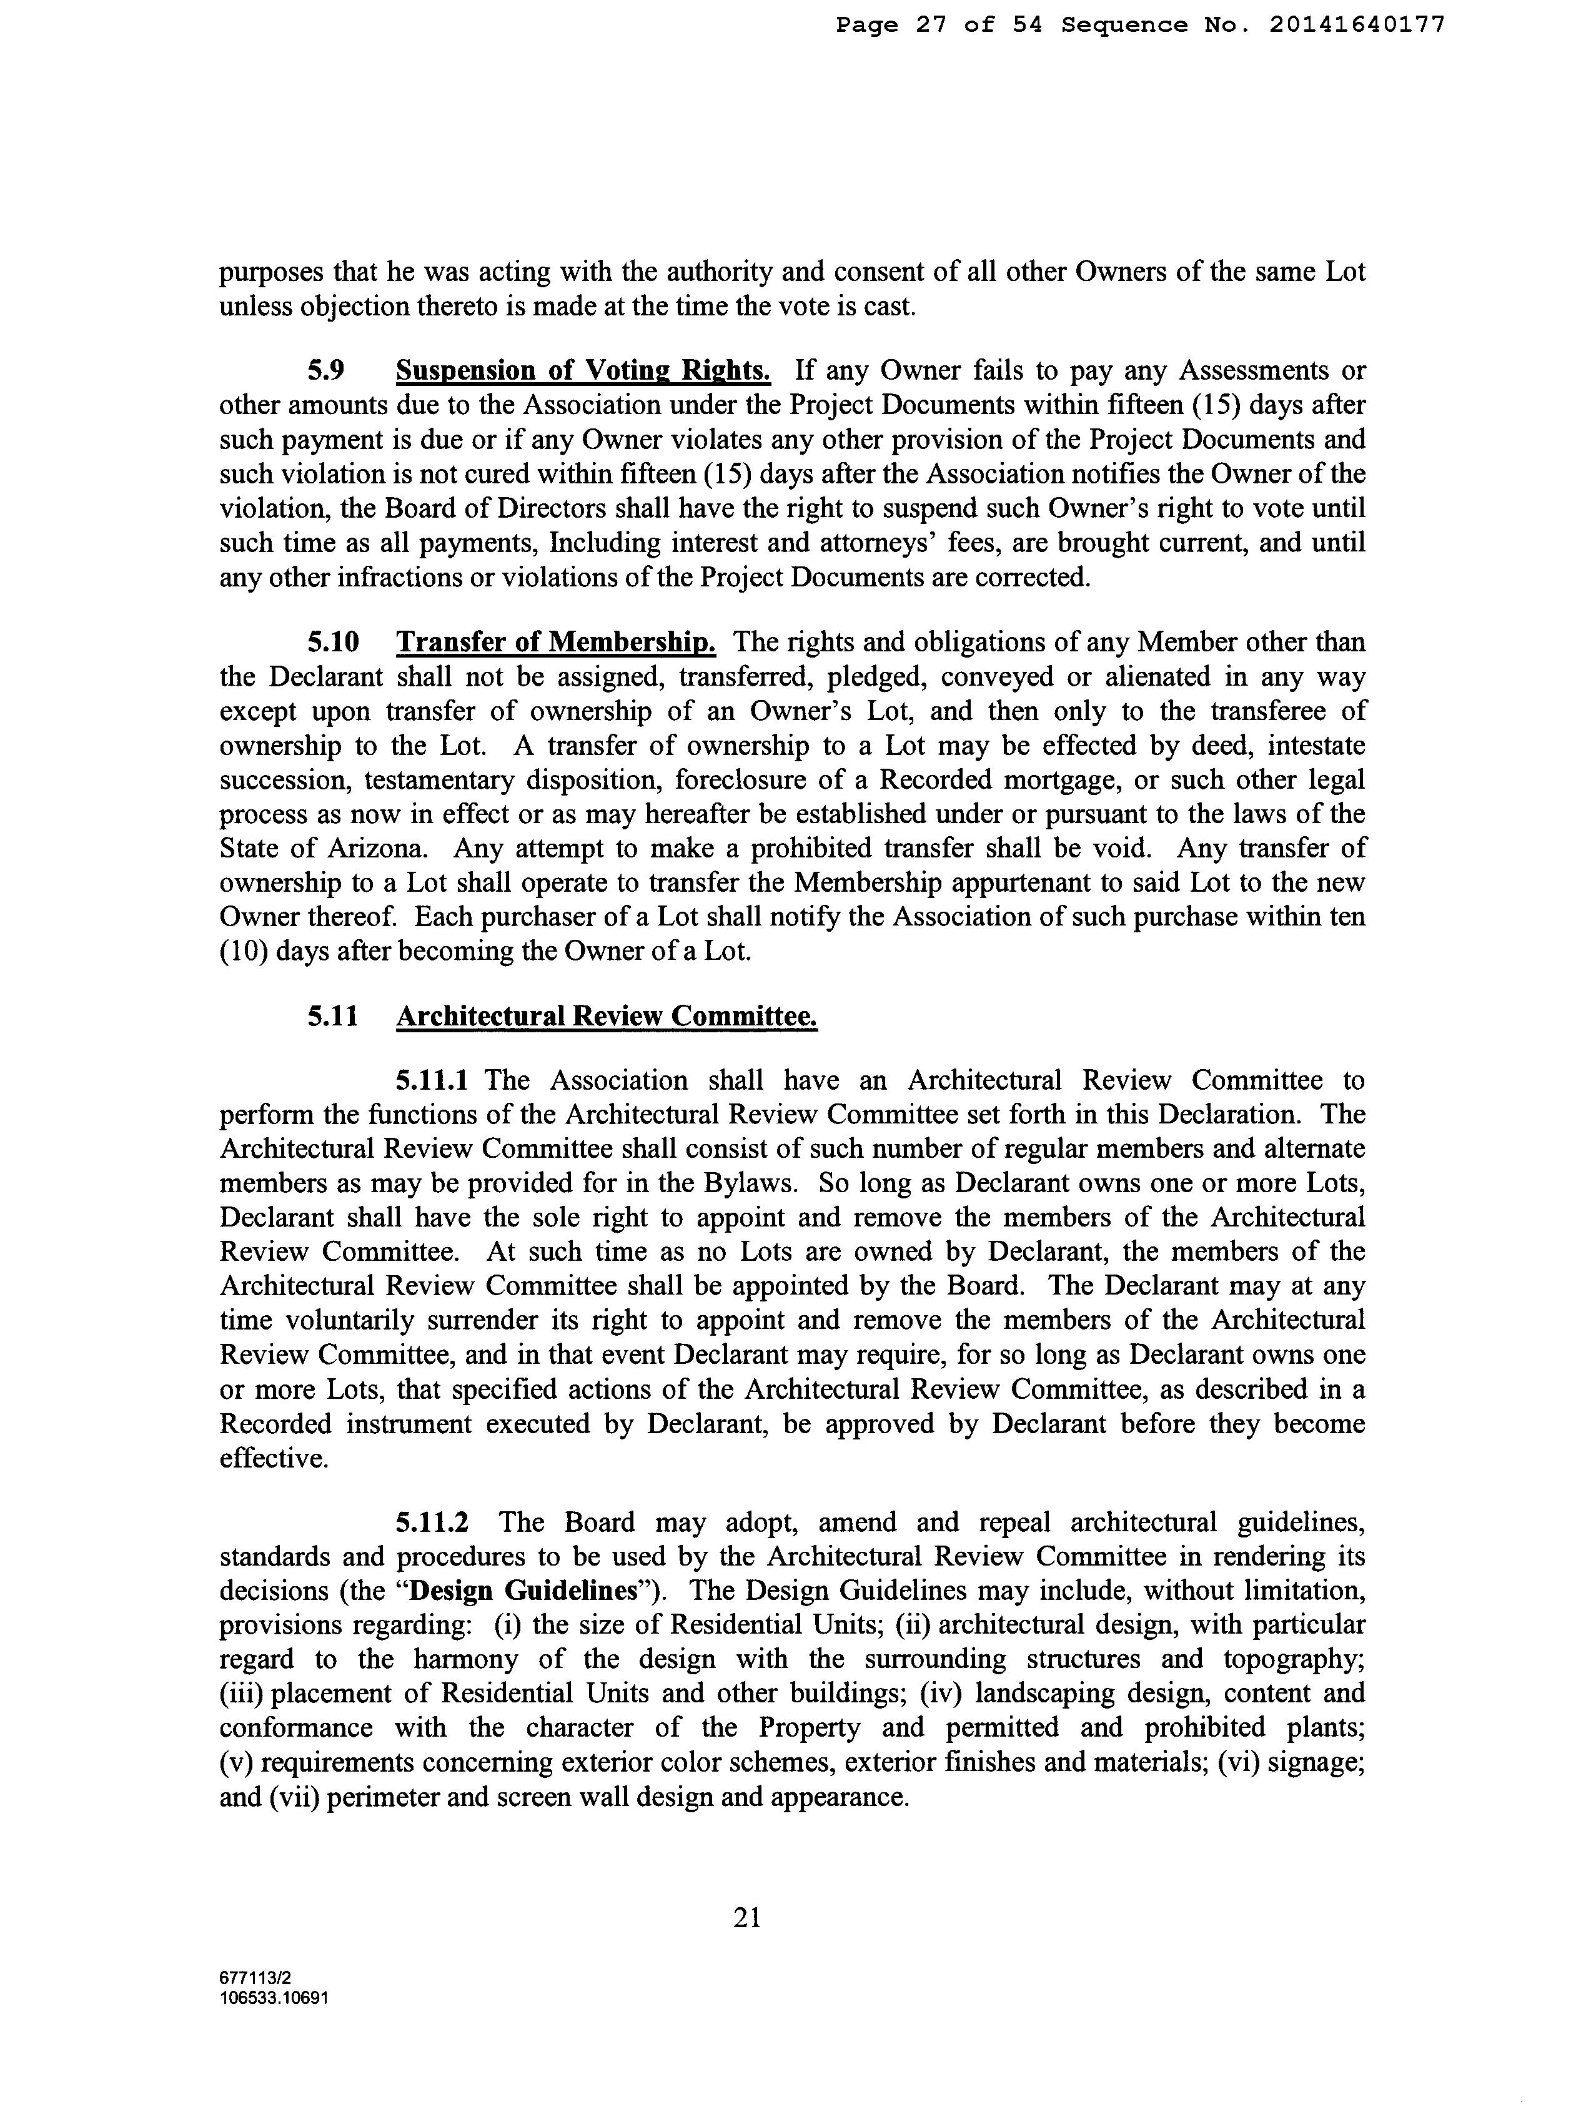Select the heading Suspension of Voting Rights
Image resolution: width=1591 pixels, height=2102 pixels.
point(583,370)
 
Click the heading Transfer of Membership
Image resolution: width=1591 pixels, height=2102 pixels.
point(556,643)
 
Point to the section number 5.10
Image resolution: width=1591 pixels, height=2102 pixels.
point(333,643)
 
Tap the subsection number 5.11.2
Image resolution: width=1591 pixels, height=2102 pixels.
point(432,1522)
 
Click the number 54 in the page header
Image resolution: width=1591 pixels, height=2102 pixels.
point(1026,26)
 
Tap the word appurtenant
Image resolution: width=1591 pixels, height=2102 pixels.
point(1019,883)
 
